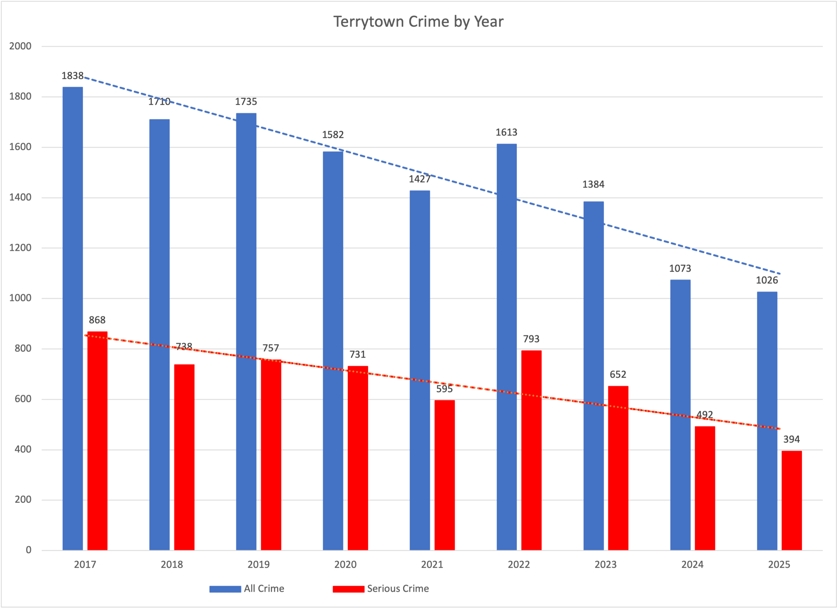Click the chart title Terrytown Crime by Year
click(418, 22)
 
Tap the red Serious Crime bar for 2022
click(531, 450)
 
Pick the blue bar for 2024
click(680, 414)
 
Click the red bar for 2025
click(792, 500)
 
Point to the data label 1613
click(506, 132)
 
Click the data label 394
click(792, 439)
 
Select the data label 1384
click(593, 184)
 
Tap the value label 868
click(97, 320)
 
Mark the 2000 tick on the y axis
click(20, 46)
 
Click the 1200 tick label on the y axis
click(20, 247)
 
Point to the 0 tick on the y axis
click(28, 550)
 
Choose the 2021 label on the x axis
click(432, 564)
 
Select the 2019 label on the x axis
click(258, 564)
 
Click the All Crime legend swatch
click(225, 589)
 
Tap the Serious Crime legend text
click(398, 589)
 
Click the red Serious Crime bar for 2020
click(358, 458)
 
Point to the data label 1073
click(680, 268)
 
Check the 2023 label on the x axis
click(606, 564)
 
